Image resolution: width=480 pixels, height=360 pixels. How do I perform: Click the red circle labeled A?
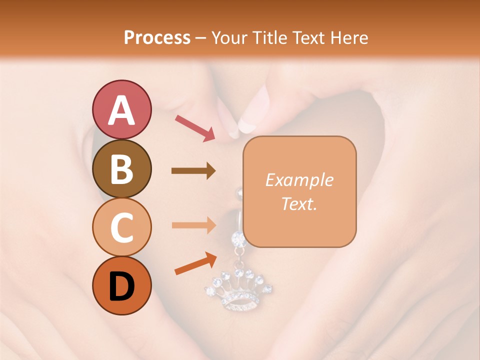[121, 109]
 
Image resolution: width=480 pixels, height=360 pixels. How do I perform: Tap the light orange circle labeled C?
[121, 227]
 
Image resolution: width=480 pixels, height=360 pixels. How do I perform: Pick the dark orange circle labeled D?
[121, 285]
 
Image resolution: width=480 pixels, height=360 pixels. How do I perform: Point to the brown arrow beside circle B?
[193, 171]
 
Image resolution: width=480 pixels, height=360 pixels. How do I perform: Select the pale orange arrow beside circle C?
[193, 225]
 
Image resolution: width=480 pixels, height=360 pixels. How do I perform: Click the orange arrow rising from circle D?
[195, 263]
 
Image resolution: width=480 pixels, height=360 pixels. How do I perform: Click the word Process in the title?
[157, 37]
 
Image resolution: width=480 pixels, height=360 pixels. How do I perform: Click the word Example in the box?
[299, 180]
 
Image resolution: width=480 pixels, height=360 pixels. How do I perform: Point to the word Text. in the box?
[299, 203]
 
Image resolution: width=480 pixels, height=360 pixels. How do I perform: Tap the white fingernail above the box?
[247, 123]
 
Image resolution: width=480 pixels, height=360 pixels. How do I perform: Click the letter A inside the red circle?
[121, 110]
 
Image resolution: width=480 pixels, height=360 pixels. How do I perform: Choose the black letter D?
[121, 286]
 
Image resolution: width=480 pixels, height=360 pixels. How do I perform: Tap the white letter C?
[121, 228]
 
